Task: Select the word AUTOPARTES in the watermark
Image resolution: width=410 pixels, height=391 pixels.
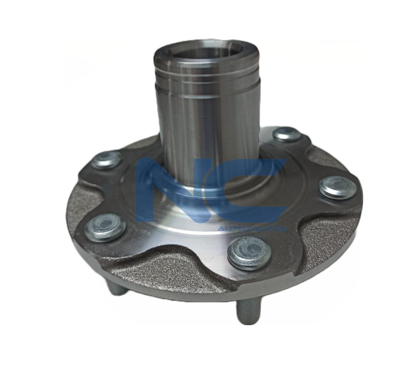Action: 252,229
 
